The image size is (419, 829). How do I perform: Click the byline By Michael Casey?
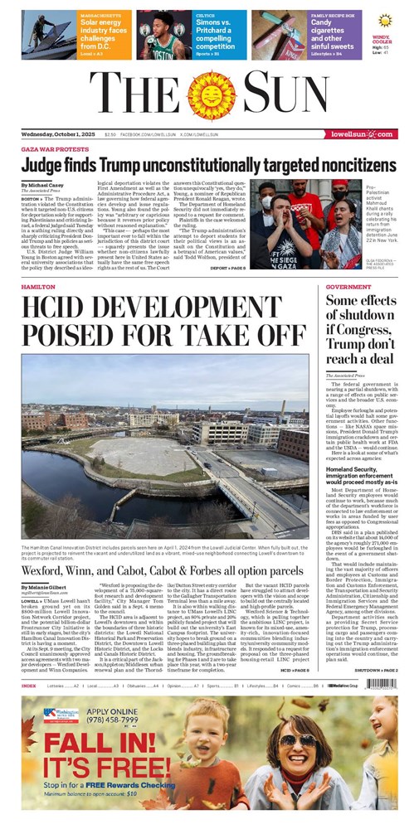pyautogui.click(x=42, y=184)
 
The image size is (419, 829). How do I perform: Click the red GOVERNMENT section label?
pyautogui.click(x=348, y=286)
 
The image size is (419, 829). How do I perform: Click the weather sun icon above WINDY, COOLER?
pyautogui.click(x=383, y=20)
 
